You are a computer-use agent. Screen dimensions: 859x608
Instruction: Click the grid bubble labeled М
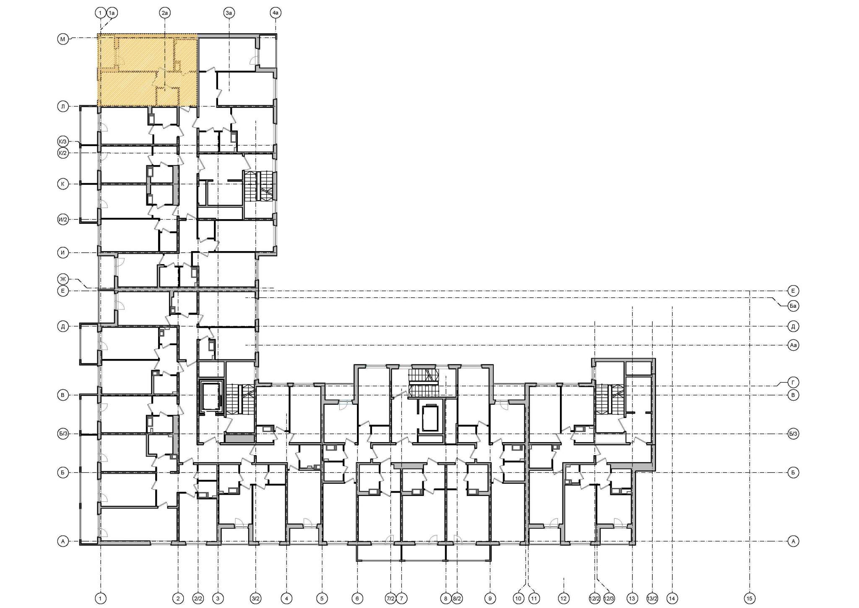(x=63, y=39)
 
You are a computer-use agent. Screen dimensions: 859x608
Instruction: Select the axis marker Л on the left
(x=63, y=107)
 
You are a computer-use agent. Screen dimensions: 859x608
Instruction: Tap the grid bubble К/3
(x=63, y=141)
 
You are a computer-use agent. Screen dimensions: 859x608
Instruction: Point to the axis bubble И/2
(x=63, y=220)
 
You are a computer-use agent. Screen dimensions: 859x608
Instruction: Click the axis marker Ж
(x=63, y=279)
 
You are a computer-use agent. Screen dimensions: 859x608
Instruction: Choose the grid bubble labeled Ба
(x=793, y=306)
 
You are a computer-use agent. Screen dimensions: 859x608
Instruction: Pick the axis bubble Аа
(x=793, y=345)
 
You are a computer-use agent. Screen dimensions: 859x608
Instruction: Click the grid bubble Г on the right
(x=793, y=383)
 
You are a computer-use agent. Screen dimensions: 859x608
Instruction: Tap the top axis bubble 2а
(x=165, y=13)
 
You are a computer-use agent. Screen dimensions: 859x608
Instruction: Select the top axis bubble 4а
(x=275, y=13)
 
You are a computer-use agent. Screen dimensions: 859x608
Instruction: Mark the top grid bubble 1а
(x=112, y=13)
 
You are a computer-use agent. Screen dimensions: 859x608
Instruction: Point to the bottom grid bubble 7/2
(x=390, y=598)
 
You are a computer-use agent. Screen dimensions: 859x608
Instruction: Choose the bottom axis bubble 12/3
(x=609, y=598)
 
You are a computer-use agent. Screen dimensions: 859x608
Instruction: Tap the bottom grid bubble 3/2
(x=255, y=598)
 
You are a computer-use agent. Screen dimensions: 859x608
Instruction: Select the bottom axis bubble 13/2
(x=652, y=598)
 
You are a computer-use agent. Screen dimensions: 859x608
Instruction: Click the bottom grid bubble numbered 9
(x=490, y=598)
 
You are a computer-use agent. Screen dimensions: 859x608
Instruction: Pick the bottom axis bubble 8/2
(x=457, y=598)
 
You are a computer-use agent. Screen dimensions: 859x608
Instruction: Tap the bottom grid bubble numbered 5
(x=322, y=598)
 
